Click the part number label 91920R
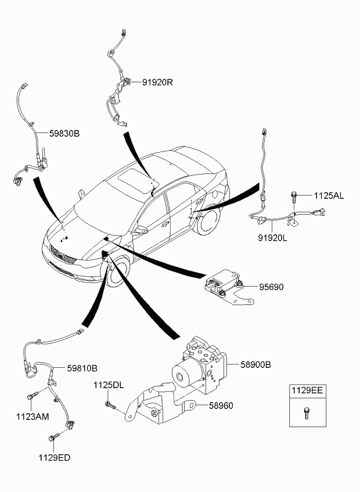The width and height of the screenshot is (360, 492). click(x=157, y=82)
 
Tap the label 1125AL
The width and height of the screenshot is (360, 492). click(x=329, y=196)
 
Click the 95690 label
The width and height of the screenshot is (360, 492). click(x=272, y=287)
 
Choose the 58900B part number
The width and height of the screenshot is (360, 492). click(x=256, y=365)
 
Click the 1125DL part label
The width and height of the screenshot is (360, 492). click(x=109, y=385)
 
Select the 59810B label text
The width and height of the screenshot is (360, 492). click(x=82, y=368)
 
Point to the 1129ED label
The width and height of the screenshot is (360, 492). click(x=55, y=458)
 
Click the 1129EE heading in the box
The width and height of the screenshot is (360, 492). click(x=308, y=392)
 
